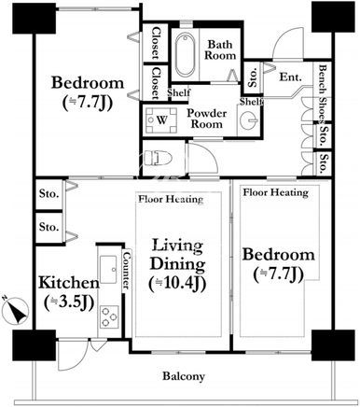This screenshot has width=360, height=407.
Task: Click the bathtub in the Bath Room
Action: click(x=185, y=55)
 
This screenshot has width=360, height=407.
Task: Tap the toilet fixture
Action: click(x=159, y=158)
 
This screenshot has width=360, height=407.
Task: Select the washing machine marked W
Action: click(x=161, y=120)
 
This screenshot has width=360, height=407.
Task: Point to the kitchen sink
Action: click(x=108, y=269)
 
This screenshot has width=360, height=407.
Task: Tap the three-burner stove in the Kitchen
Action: click(x=109, y=316)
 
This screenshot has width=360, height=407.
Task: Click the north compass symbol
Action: click(x=15, y=311)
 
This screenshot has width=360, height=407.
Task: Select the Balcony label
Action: click(x=184, y=376)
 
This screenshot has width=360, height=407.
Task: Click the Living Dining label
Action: click(x=177, y=255)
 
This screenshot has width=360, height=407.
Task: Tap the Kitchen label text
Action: click(x=69, y=283)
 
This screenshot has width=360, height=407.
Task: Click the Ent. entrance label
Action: click(x=290, y=77)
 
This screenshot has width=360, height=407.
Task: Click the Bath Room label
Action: click(x=220, y=49)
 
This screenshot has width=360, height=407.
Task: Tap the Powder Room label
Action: click(x=207, y=119)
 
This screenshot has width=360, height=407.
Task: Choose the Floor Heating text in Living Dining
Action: click(x=171, y=199)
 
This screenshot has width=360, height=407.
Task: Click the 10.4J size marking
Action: click(x=177, y=284)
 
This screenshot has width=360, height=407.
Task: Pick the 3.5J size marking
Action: click(x=69, y=302)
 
